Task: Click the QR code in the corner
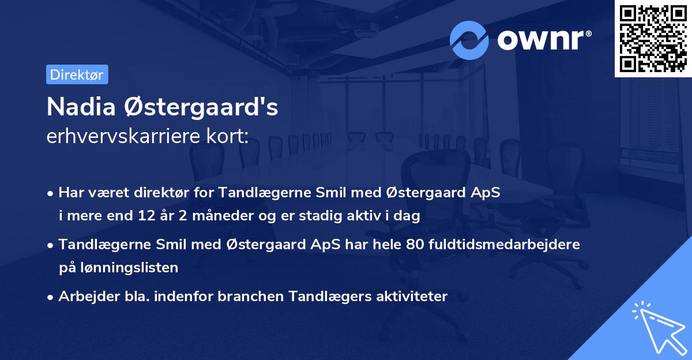[x=653, y=39]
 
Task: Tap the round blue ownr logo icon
[x=469, y=40]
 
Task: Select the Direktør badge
[x=76, y=74]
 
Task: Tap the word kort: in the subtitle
[x=229, y=137]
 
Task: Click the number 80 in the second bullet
[x=414, y=244]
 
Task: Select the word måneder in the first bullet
[x=209, y=216]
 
